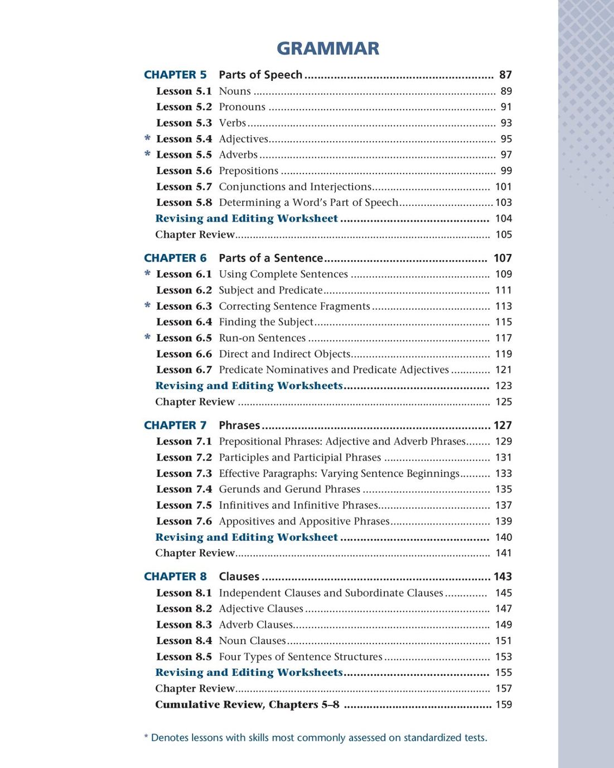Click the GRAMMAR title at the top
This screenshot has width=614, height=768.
click(x=328, y=49)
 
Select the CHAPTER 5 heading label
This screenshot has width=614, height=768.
click(x=175, y=75)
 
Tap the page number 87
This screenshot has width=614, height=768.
click(x=505, y=75)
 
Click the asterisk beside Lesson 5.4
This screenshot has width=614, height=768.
click(x=147, y=138)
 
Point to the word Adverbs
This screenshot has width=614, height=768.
click(x=238, y=155)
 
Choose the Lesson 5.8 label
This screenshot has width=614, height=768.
click(x=184, y=203)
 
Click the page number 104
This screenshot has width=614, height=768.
click(x=504, y=219)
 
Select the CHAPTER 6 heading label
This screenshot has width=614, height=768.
click(x=175, y=258)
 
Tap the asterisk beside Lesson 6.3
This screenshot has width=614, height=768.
click(x=147, y=306)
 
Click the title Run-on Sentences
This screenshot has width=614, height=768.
click(x=262, y=338)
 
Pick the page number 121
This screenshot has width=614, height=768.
click(x=504, y=370)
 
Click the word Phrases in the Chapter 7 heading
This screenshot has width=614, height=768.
click(x=239, y=425)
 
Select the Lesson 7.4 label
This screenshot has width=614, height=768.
click(x=184, y=489)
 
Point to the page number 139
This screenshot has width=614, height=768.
click(x=504, y=521)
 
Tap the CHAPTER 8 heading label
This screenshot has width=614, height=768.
click(x=175, y=577)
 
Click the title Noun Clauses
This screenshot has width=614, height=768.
click(x=252, y=641)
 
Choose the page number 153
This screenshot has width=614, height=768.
click(x=504, y=657)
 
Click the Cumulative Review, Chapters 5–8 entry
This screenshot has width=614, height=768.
click(x=247, y=704)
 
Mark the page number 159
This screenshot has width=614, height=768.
click(x=504, y=704)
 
